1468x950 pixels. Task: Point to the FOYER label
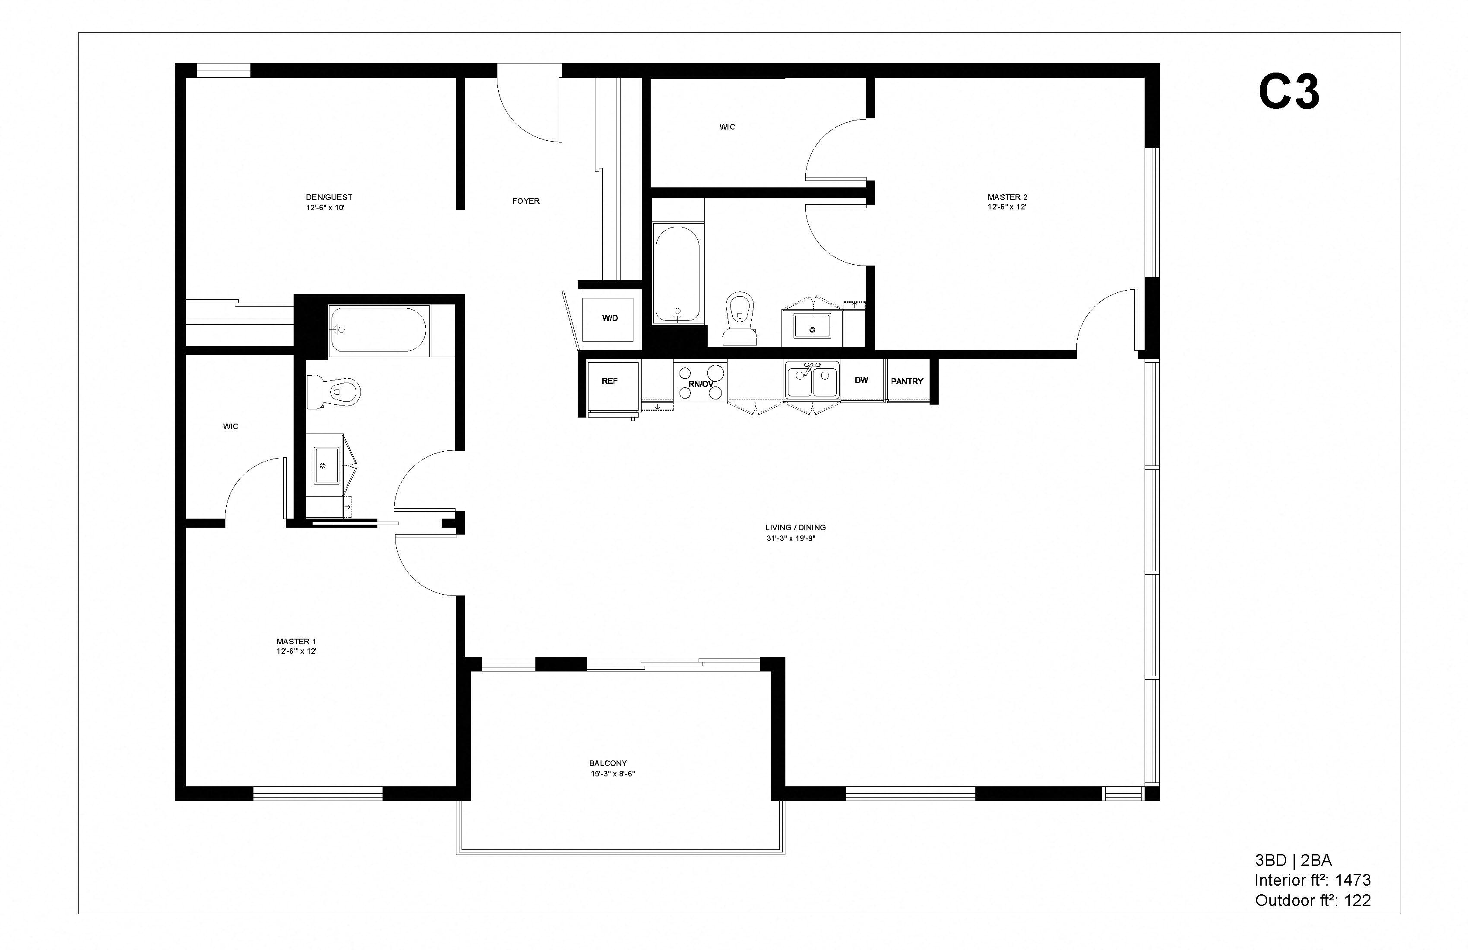[525, 201]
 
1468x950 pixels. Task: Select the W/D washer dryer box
[609, 319]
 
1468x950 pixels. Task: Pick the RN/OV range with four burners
[700, 383]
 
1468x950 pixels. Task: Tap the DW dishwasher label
[861, 380]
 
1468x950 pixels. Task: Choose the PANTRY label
[907, 382]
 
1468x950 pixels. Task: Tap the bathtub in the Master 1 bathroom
[377, 329]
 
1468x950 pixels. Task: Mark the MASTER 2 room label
[1007, 197]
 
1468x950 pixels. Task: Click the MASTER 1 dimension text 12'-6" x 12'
[296, 651]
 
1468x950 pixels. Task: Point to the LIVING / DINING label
[795, 527]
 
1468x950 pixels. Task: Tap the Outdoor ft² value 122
[1357, 901]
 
